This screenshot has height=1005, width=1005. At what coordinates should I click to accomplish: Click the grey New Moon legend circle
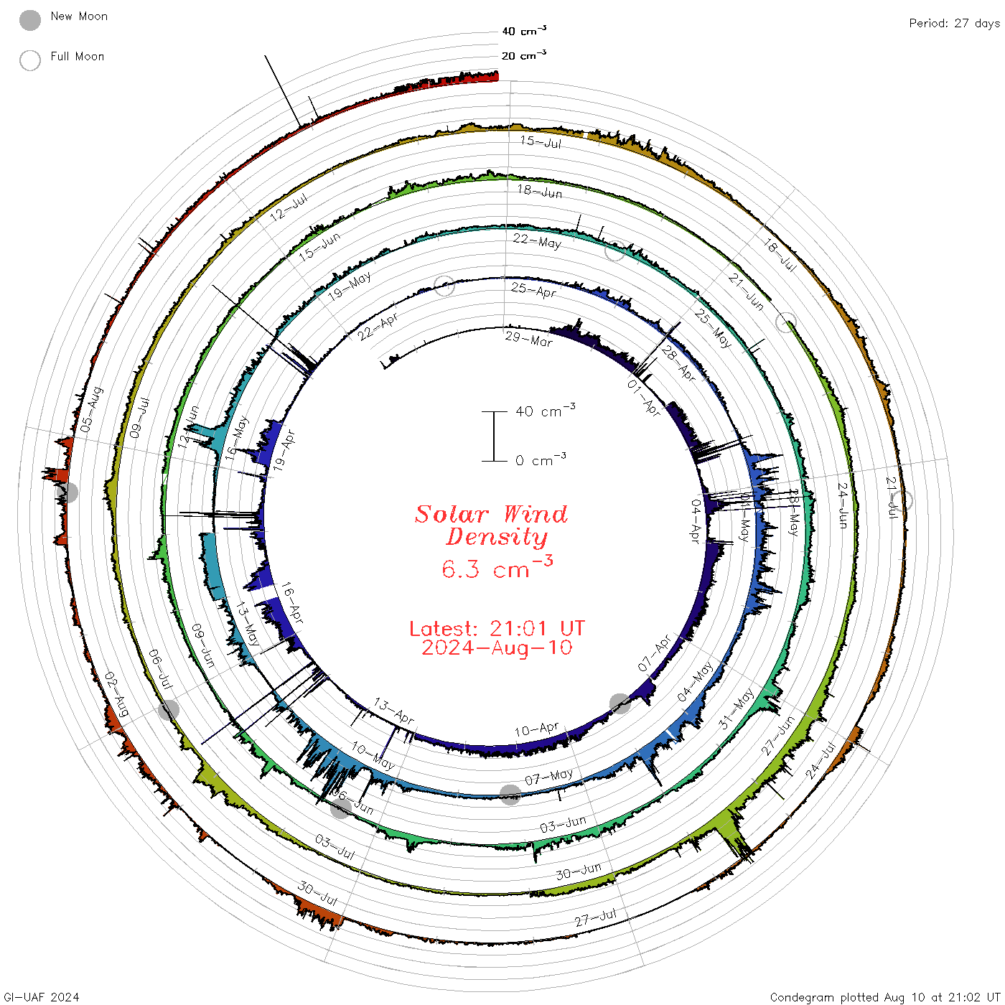pos(30,20)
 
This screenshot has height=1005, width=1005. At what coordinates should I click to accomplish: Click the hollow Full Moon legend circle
pos(30,60)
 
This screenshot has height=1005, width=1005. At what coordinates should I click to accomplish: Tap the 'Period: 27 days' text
pos(954,24)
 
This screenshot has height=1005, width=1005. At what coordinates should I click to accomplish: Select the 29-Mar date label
pos(528,339)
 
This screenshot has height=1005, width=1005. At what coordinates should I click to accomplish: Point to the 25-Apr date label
pos(533,290)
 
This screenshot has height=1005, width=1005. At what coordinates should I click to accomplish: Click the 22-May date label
pos(537,241)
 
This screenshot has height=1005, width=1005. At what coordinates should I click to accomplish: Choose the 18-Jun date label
pos(540,191)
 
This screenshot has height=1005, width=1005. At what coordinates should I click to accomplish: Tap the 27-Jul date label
pos(595,917)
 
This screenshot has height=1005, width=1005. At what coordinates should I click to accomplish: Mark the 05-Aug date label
pos(91,410)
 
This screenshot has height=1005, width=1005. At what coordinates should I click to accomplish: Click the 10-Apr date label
pos(536,730)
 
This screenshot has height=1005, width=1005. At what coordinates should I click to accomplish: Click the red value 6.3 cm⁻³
pos(497,569)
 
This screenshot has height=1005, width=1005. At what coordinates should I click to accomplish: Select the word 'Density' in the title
pos(496,537)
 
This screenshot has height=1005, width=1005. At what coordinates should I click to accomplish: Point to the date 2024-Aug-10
pos(497,648)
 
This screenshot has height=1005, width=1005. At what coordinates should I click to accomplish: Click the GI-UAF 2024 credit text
pos(41,997)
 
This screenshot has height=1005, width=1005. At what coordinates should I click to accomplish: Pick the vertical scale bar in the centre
pos(494,436)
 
